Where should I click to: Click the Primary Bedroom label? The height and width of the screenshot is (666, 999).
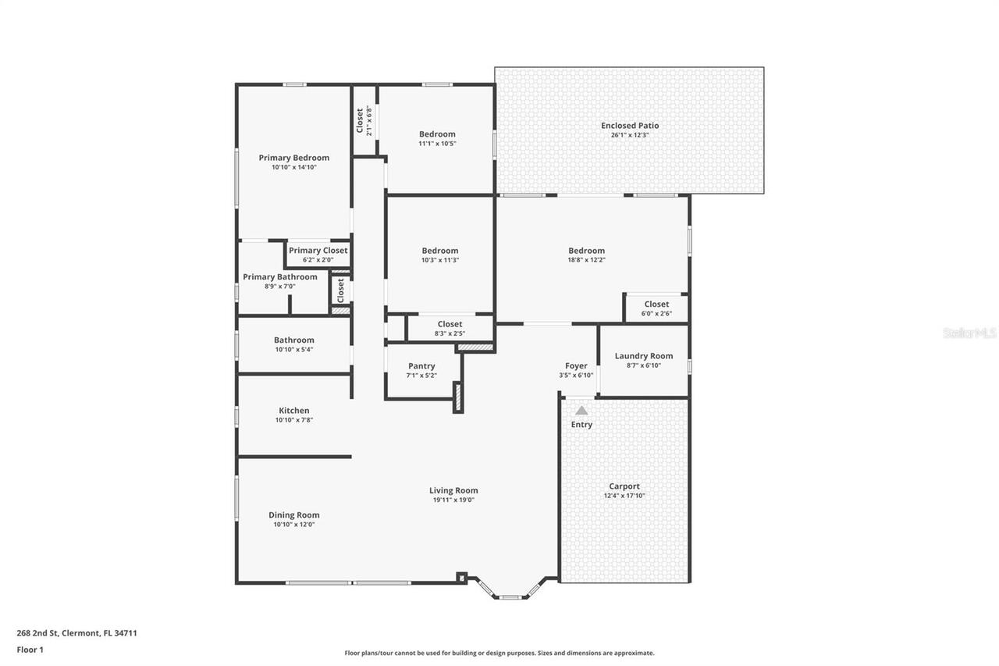[x=294, y=158]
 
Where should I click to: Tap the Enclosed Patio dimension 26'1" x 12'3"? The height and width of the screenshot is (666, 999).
[x=630, y=135]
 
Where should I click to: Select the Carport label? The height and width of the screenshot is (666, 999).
[x=624, y=486]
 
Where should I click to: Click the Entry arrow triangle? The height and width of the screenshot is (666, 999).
[x=581, y=410]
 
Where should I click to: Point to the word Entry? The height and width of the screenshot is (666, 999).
[x=581, y=425]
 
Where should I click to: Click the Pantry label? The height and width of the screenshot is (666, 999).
[x=421, y=366]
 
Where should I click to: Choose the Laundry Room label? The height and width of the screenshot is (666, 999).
[x=644, y=356]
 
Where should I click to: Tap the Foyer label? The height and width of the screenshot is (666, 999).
[x=576, y=365]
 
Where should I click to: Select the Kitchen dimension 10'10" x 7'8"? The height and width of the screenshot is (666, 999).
[x=294, y=420]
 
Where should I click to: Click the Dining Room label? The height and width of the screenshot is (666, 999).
[x=294, y=515]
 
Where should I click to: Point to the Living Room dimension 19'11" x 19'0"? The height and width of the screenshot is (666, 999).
[x=453, y=500]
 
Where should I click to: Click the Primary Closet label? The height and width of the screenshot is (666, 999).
[x=318, y=251]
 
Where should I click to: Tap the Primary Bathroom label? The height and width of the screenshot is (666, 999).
[x=280, y=277]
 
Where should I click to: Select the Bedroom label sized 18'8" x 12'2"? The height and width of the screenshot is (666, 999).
[x=586, y=251]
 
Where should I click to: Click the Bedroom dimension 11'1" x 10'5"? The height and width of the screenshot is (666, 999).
[x=437, y=144]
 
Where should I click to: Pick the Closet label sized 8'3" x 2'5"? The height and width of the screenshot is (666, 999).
[x=450, y=324]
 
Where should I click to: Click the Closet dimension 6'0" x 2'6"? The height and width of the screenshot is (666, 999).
[x=656, y=314]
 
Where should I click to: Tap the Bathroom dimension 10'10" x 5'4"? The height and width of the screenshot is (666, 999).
[x=294, y=350]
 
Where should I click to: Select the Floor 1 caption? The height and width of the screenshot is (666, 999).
[x=30, y=649]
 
